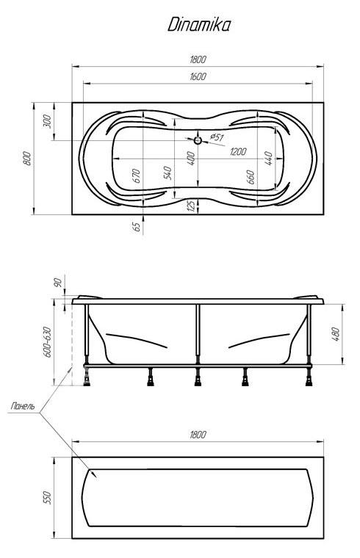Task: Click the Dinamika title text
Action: pyautogui.click(x=199, y=25)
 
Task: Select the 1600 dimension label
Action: pyautogui.click(x=198, y=76)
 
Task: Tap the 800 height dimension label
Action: pyautogui.click(x=27, y=158)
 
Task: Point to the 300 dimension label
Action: pyautogui.click(x=48, y=122)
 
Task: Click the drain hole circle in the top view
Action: pyautogui.click(x=198, y=140)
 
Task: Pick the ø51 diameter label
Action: pyautogui.click(x=217, y=137)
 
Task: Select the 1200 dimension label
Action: pyautogui.click(x=238, y=151)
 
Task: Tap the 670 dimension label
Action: pyautogui.click(x=137, y=175)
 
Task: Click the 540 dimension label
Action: pyautogui.click(x=168, y=173)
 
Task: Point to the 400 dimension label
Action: pyautogui.click(x=191, y=159)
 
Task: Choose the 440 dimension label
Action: pyautogui.click(x=268, y=159)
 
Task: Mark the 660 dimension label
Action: pyautogui.click(x=251, y=177)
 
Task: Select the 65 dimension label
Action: pyautogui.click(x=137, y=227)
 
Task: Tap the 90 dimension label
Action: pyautogui.click(x=58, y=283)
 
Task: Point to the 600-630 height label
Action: pyautogui.click(x=48, y=341)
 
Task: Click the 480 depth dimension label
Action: pyautogui.click(x=336, y=334)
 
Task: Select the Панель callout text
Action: pyautogui.click(x=23, y=406)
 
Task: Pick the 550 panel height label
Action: pyautogui.click(x=47, y=498)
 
